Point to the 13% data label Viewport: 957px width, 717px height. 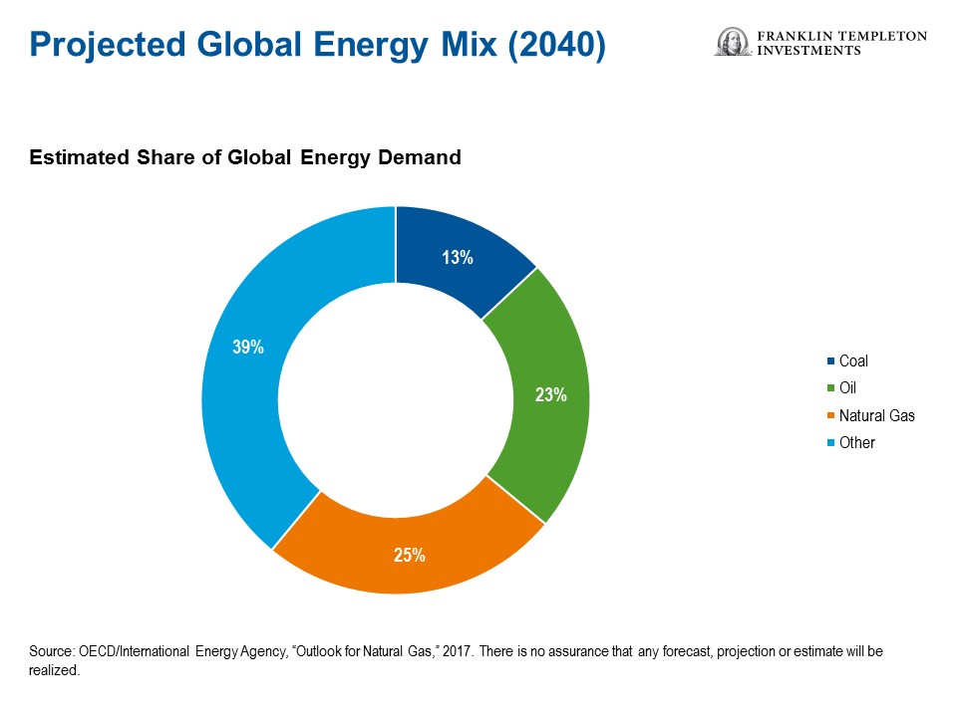coord(457,258)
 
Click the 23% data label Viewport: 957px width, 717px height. coord(550,394)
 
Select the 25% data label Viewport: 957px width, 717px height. coord(409,555)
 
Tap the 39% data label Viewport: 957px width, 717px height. coord(248,348)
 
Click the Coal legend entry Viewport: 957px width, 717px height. coord(853,361)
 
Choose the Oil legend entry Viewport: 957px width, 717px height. coord(847,388)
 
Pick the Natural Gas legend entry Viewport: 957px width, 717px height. coord(876,415)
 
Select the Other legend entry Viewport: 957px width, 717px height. coord(856,442)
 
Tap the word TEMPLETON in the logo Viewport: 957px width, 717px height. coord(883,36)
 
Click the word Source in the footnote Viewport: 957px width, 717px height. coord(53,651)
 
